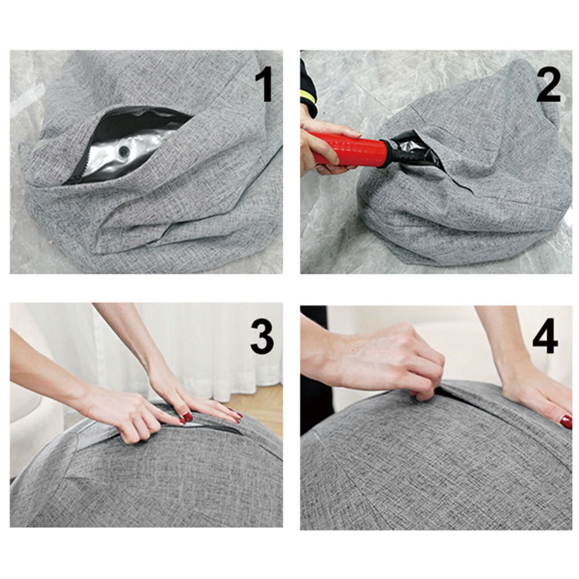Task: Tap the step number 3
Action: point(262,337)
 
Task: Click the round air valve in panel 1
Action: point(123,151)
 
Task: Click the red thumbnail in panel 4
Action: point(565,422)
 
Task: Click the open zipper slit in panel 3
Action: point(211,428)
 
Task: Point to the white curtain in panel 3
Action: point(207,351)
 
